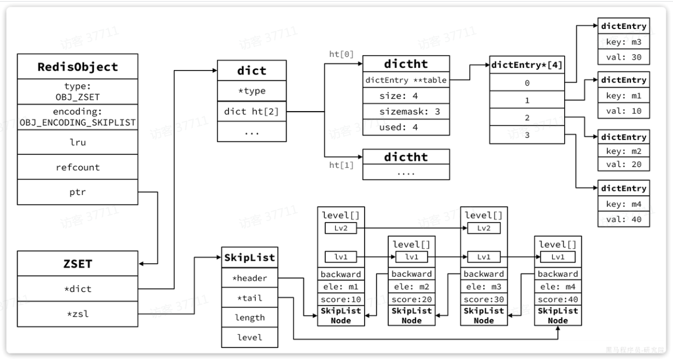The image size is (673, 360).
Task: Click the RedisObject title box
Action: coord(78,67)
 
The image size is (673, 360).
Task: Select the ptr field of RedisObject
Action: coord(78,192)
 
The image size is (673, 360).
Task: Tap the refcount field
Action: coord(78,167)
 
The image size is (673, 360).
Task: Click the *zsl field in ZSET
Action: coord(78,313)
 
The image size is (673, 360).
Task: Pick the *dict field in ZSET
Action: coord(78,288)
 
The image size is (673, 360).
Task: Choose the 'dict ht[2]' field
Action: coord(251,112)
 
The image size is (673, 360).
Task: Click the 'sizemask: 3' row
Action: coord(406,112)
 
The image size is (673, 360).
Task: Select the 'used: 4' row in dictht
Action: coord(406,127)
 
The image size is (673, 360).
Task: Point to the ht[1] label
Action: coord(341,165)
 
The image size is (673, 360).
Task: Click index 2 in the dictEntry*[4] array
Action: coord(526,118)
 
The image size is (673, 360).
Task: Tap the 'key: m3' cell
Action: coord(623,42)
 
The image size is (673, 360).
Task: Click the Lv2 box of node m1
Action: coord(341,228)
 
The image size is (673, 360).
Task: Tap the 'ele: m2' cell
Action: coord(411,287)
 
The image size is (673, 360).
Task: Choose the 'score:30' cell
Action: coord(483,300)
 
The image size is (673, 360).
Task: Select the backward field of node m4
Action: coord(558,274)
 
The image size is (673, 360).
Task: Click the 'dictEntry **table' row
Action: coord(406,80)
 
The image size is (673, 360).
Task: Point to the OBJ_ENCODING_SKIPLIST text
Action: coord(78,122)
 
